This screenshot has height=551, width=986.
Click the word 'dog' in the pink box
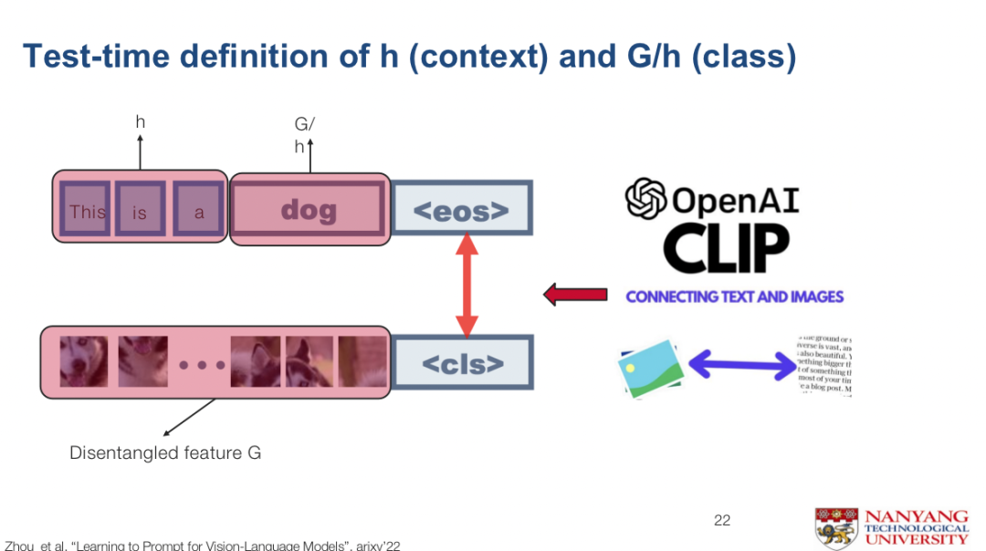309,211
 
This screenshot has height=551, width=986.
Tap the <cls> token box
461,363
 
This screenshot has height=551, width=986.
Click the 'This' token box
88,212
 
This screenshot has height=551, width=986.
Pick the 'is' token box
140,212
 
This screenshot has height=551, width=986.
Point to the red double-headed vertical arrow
467,286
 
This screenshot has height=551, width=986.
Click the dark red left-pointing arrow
575,295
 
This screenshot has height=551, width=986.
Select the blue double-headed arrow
741,365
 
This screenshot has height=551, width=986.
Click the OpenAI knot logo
645,199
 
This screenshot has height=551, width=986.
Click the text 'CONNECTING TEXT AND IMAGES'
734,296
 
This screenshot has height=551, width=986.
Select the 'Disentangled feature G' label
165,452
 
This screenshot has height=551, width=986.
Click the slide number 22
722,520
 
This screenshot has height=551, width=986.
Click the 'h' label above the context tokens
140,122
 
